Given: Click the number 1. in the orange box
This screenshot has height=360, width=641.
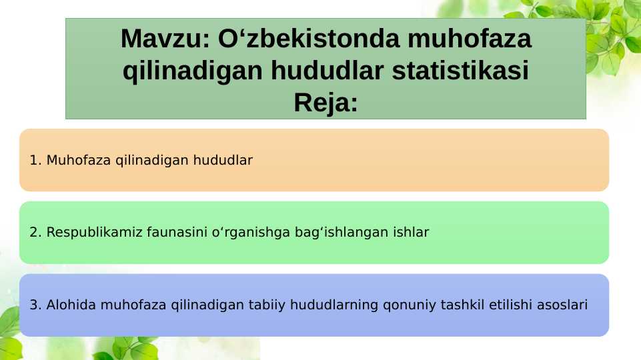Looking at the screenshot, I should pyautogui.click(x=36, y=160).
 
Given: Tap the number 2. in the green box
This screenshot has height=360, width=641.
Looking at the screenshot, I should pyautogui.click(x=36, y=233).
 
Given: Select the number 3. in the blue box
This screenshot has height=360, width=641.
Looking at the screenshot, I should pyautogui.click(x=36, y=305).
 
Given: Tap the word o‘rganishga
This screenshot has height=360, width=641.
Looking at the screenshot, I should pyautogui.click(x=247, y=233).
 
